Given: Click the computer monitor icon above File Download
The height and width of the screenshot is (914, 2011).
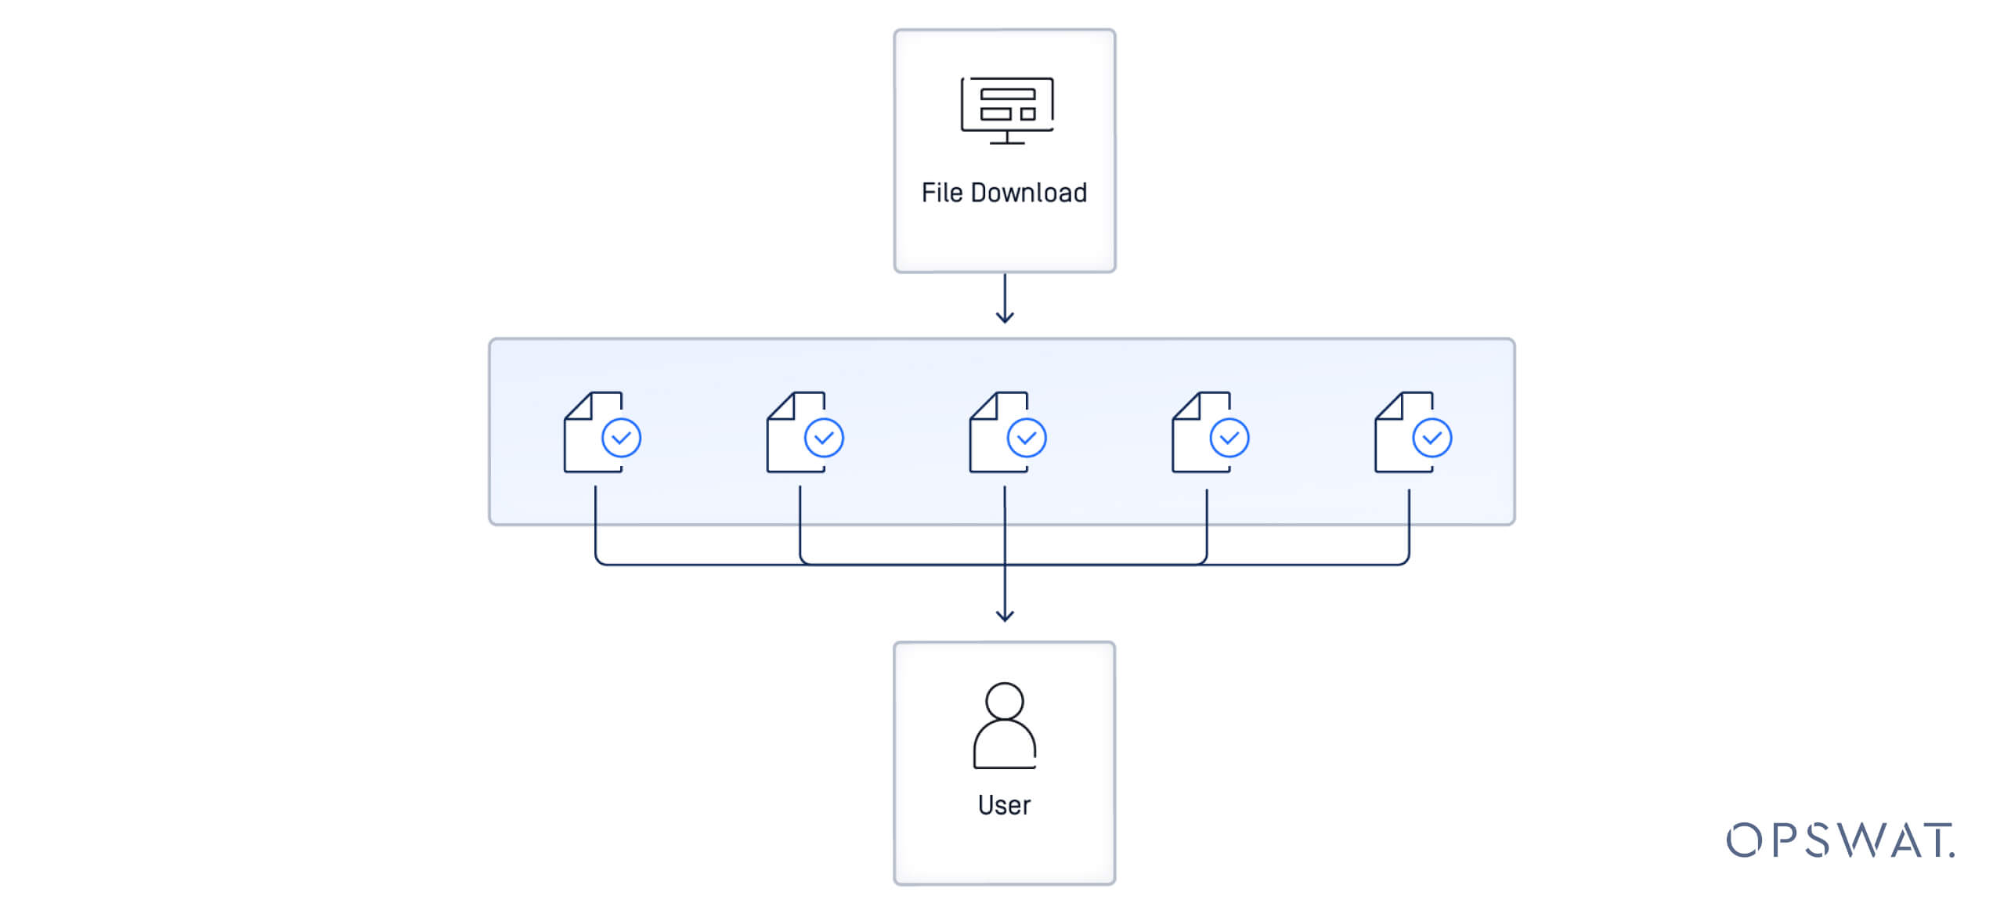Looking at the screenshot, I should click(x=1007, y=110).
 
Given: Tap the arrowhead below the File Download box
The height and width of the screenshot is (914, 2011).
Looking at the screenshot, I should click(x=1005, y=317).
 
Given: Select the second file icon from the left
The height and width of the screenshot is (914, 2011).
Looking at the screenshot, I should click(x=797, y=432).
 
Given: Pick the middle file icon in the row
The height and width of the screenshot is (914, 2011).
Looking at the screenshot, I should click(x=1000, y=432).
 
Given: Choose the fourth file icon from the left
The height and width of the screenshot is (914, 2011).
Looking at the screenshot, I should click(x=1203, y=432).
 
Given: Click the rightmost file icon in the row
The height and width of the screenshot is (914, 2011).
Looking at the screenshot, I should click(x=1406, y=432).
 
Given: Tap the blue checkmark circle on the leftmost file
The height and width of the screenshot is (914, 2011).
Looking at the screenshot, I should click(x=621, y=438).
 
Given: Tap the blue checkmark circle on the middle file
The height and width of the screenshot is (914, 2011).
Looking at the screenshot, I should click(x=1027, y=438).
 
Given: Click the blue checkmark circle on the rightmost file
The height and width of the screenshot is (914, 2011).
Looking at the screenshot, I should click(x=1432, y=438).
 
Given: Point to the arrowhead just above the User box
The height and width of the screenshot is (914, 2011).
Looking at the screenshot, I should click(x=1005, y=616).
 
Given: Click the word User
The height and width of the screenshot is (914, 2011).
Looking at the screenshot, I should click(x=1004, y=805).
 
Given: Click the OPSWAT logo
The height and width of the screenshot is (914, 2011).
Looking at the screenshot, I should click(x=1840, y=840).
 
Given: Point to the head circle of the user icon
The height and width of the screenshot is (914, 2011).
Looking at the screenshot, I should click(x=1005, y=700).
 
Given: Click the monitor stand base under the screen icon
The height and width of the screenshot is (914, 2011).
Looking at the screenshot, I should click(x=1007, y=143).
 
